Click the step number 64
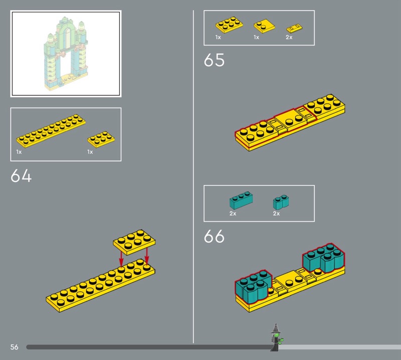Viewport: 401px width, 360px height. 21,175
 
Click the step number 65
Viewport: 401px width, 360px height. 215,60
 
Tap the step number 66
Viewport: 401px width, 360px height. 215,236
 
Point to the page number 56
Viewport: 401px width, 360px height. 15,347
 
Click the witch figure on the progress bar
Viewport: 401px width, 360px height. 276,337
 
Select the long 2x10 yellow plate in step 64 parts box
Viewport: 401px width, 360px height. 51,131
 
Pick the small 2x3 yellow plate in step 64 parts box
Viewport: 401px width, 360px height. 101,139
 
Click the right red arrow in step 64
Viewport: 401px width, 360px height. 146,256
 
